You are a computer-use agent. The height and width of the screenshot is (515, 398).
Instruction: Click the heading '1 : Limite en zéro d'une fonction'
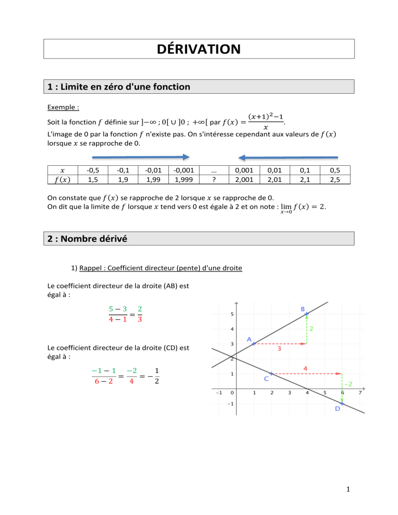pos(117,87)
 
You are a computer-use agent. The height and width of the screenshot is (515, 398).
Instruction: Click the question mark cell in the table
pos(214,179)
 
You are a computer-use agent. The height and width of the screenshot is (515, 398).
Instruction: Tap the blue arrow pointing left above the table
pos(288,157)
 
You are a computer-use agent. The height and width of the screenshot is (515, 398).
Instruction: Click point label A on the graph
pos(249,340)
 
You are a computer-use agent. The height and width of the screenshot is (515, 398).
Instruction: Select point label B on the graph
pos(303,309)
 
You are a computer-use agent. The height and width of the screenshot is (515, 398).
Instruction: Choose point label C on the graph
pos(266,379)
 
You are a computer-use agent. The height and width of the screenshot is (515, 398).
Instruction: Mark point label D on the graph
pos(337,409)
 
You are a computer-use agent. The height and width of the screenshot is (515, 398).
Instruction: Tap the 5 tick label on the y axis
pos(232,314)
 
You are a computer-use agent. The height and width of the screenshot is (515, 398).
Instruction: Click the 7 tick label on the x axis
pos(360,392)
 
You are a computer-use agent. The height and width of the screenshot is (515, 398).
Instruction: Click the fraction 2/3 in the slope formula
pos(140,314)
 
